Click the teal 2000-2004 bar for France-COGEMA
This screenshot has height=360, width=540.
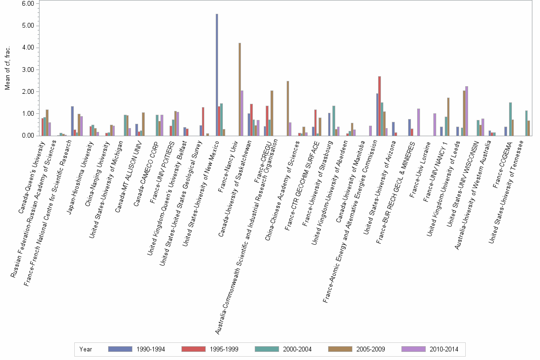[510, 119]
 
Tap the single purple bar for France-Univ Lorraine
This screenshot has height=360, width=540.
[435, 124]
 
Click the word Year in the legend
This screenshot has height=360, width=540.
[86, 350]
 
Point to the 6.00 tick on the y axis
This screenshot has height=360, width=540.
[28, 3]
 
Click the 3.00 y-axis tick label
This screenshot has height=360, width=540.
[28, 70]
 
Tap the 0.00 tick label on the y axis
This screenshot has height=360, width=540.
[28, 136]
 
